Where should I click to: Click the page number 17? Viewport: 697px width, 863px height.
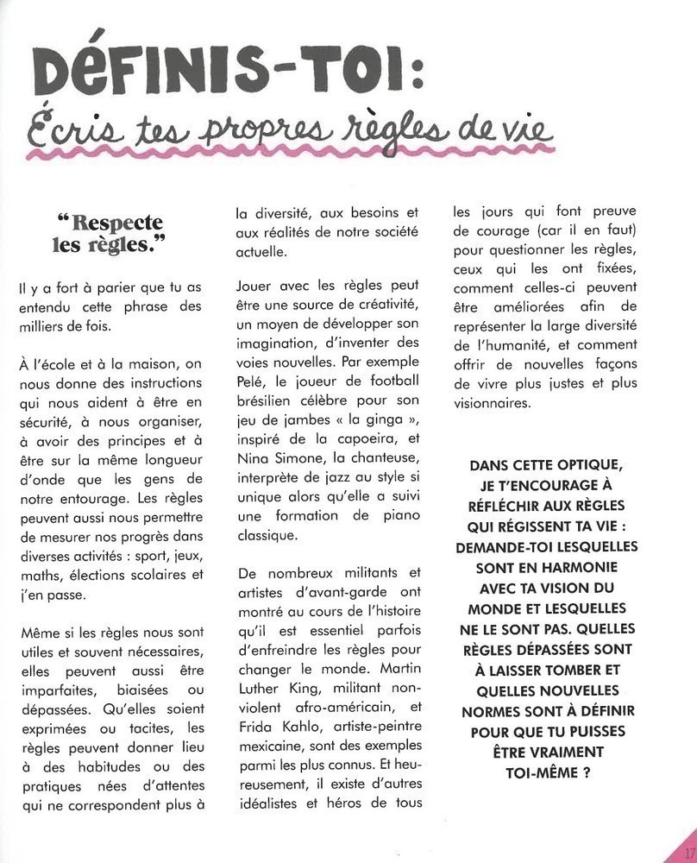point(688,853)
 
